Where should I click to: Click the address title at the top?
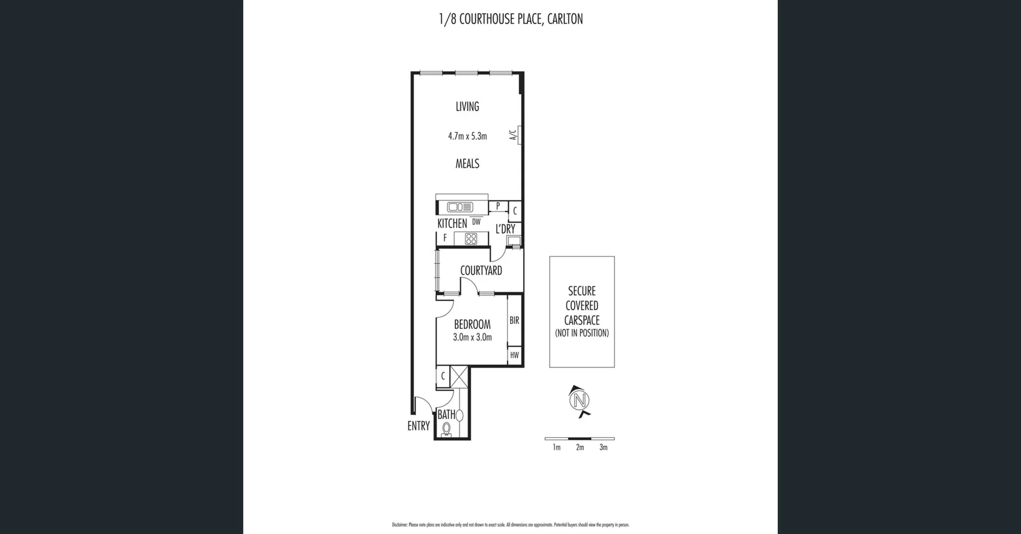(x=510, y=19)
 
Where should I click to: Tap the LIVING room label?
(x=467, y=106)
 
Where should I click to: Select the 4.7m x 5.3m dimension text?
(x=467, y=136)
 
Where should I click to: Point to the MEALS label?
(x=467, y=164)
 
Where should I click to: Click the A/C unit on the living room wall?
(x=519, y=134)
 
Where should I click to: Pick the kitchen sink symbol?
(x=460, y=207)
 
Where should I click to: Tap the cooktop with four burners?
(x=471, y=239)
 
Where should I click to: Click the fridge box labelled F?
(x=445, y=239)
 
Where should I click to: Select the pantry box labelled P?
(x=498, y=206)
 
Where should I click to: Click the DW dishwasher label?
(x=476, y=222)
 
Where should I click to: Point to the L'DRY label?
(x=505, y=229)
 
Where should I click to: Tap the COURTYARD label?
(x=481, y=270)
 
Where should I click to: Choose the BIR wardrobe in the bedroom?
(x=514, y=320)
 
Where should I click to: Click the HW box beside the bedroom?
(x=514, y=355)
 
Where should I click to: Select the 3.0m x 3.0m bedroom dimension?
(x=472, y=337)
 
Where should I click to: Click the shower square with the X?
(x=459, y=377)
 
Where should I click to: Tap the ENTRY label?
(x=419, y=426)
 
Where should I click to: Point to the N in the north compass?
(x=579, y=400)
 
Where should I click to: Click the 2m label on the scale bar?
(x=580, y=447)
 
